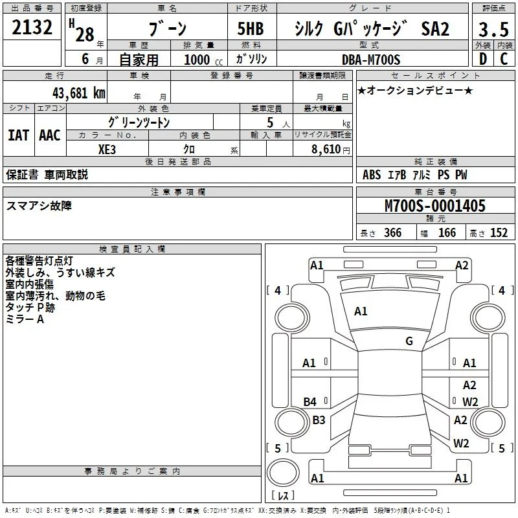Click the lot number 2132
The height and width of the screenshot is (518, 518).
32,27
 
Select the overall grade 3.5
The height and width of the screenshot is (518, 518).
493,29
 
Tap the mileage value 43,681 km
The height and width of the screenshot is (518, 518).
79,93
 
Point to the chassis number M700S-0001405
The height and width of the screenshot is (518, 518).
435,206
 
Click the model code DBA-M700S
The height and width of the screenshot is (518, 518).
371,60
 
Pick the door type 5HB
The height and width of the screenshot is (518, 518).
251,28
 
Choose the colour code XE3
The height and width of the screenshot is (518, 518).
107,150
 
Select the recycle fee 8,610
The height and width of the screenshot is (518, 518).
326,150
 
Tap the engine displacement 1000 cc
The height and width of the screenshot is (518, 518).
203,60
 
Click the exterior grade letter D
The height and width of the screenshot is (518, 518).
483,59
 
